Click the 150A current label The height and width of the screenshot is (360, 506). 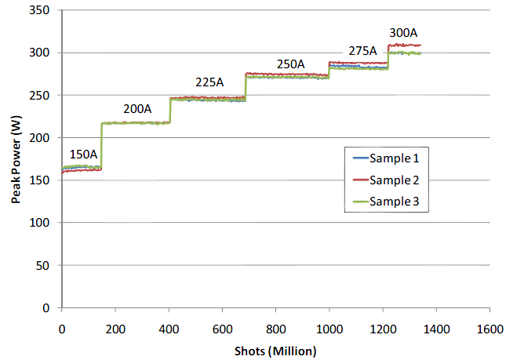coord(83,154)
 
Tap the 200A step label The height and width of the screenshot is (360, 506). coord(138,109)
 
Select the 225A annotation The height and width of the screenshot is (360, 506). coord(209,82)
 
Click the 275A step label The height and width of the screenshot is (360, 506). coord(363,50)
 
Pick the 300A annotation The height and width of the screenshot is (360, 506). coord(404,33)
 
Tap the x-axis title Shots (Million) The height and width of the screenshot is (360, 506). coord(275,349)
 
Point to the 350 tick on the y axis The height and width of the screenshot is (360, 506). coord(46,11)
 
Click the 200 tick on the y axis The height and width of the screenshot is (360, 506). coord(46,138)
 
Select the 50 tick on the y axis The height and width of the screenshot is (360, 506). coord(48,265)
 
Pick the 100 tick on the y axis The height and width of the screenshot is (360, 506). coord(46,223)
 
